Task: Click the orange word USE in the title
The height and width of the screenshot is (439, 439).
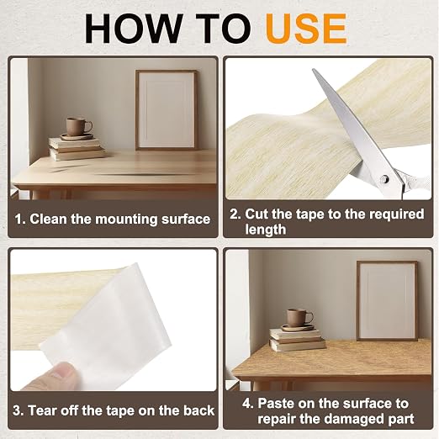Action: tap(306, 29)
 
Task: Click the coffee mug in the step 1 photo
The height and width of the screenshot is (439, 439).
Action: tap(78, 127)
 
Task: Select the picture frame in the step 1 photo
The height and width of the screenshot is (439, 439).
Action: tap(167, 110)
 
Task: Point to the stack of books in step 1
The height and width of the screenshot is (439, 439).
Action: tap(77, 149)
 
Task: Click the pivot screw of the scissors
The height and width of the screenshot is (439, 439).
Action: tap(385, 178)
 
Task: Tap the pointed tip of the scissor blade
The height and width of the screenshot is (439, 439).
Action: tap(313, 70)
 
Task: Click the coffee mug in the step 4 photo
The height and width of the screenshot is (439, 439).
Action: tap(299, 318)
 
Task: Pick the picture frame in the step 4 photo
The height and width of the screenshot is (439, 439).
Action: tap(387, 300)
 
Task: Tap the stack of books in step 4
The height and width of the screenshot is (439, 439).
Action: tap(297, 339)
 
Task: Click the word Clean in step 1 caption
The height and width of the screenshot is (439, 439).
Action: tap(48, 219)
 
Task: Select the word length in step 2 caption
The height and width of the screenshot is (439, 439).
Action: tap(266, 230)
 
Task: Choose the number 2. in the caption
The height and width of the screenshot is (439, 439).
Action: tap(235, 214)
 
